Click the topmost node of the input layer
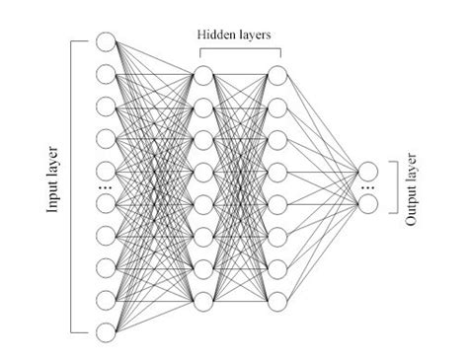click(108, 42)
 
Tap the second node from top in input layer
click(108, 73)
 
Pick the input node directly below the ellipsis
click(108, 203)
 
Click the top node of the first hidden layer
click(204, 75)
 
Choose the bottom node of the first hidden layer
click(204, 299)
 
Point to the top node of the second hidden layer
click(276, 75)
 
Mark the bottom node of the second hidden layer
click(276, 299)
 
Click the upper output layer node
click(369, 171)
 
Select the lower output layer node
click(369, 203)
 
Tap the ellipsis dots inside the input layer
click(108, 186)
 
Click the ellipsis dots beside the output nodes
click(369, 187)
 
